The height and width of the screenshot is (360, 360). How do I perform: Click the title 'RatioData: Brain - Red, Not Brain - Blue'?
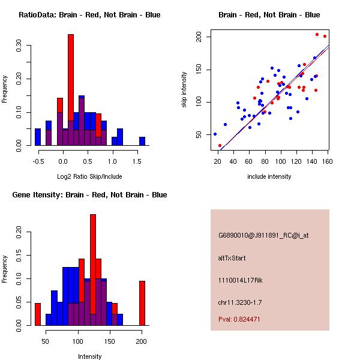coord(89,15)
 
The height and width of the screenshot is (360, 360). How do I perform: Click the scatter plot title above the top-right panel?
coord(269,15)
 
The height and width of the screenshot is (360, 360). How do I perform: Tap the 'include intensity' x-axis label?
coord(269,176)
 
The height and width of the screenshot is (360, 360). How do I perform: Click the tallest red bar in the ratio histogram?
coord(71,90)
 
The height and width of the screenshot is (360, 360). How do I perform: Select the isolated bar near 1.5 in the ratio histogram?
coord(142,141)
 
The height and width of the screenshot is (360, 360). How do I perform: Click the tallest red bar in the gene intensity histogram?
coord(93,264)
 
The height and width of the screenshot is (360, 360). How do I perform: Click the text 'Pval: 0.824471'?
coord(239,319)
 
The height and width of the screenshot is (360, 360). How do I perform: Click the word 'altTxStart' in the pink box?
coord(232,258)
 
